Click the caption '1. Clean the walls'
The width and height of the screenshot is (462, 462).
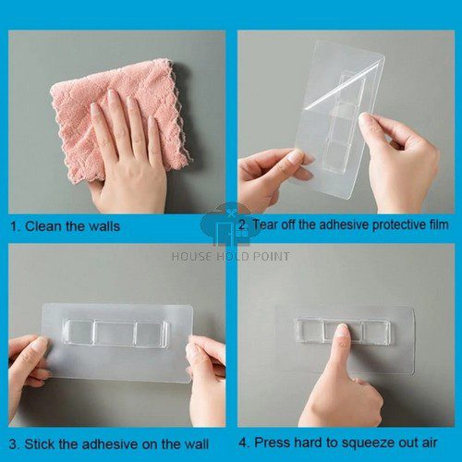pos(65,225)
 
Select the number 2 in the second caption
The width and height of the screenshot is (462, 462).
pos(242,225)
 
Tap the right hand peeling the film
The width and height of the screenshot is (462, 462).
pos(402,162)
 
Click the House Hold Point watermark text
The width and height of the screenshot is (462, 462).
pos(231,256)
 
